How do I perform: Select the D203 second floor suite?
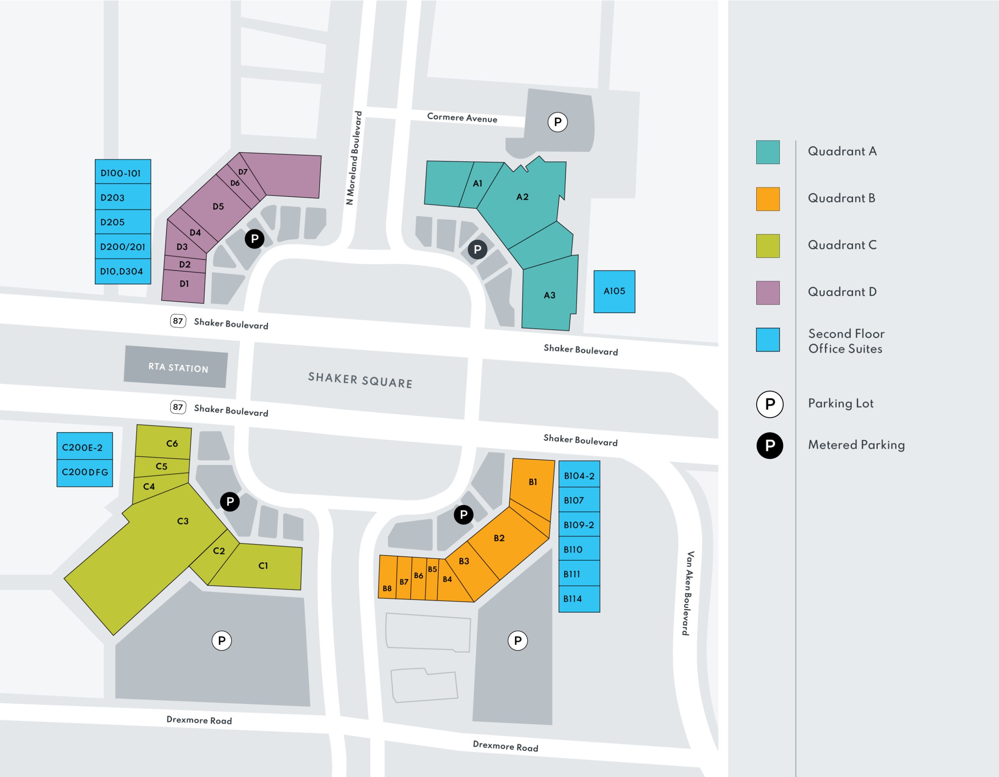[123, 197]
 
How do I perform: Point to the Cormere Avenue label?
[462, 118]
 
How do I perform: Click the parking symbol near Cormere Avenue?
[558, 122]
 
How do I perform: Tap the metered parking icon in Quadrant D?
[254, 239]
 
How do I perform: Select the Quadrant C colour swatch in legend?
[768, 246]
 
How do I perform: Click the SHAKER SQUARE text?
[360, 380]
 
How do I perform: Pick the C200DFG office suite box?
[85, 472]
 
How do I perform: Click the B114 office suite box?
[579, 599]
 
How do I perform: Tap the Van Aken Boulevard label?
[688, 593]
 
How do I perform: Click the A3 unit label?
[549, 295]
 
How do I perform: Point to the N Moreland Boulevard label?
[354, 158]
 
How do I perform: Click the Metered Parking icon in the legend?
[770, 445]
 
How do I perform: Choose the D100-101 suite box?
[123, 173]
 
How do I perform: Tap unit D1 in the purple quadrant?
[184, 285]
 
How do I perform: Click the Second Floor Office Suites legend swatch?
[768, 340]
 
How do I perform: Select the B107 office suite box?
[579, 500]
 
